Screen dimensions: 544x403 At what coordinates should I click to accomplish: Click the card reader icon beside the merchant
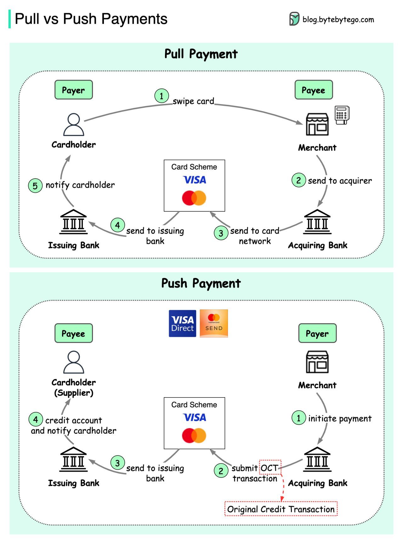coord(342,115)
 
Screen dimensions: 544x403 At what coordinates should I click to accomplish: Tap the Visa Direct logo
coord(182,324)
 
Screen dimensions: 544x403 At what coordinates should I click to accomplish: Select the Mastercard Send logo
coord(214,324)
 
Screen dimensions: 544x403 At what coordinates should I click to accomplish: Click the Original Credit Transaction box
coord(281,509)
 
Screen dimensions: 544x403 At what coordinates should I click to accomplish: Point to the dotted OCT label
coord(270,468)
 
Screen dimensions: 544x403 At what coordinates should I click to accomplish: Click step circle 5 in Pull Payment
coord(35,186)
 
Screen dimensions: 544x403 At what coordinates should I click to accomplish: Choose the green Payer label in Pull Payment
coord(73,90)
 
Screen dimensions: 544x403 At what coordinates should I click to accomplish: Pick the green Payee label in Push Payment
coord(73,333)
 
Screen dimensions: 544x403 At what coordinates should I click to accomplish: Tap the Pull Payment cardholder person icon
coord(74,125)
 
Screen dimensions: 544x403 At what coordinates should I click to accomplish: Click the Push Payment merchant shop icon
coord(317,362)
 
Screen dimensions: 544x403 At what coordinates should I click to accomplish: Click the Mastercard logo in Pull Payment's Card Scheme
coord(194,198)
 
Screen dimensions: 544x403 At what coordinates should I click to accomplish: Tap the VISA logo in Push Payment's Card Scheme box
coord(195,417)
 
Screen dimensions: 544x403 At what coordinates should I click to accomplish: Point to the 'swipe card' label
coord(193,101)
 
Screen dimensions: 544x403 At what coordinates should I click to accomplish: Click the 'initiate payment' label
coord(340,418)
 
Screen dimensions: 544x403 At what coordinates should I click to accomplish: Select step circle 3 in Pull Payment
coord(221,233)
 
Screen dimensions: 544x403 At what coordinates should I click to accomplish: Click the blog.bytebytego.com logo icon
coord(294,19)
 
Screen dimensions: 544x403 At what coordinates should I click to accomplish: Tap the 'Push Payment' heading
coord(201,283)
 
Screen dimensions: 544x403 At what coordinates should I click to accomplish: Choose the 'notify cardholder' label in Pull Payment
coord(80,185)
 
